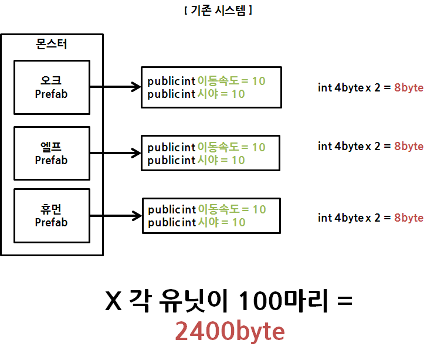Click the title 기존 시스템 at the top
[218, 11]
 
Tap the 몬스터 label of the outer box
[51, 44]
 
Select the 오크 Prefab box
[51, 87]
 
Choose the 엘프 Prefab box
[51, 153]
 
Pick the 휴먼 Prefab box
[51, 215]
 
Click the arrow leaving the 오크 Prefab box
[115, 87]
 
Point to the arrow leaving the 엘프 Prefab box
[115, 154]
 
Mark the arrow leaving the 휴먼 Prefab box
[115, 216]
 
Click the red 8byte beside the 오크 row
[409, 88]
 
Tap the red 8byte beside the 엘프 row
[409, 146]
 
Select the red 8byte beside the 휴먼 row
[409, 218]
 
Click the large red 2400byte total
[230, 332]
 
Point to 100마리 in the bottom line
[280, 302]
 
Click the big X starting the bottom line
[113, 302]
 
